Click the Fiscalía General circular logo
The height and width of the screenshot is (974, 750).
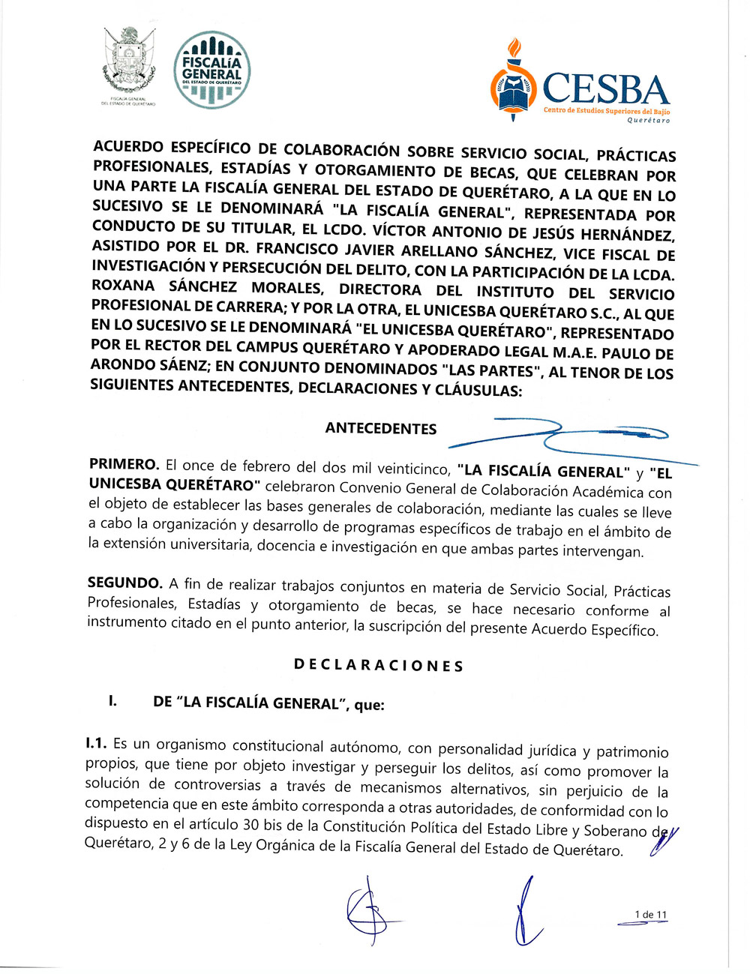(x=211, y=70)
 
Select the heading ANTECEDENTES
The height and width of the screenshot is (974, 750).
(x=381, y=428)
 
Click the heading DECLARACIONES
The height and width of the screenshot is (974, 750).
(x=378, y=665)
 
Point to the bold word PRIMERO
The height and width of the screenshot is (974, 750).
(x=124, y=465)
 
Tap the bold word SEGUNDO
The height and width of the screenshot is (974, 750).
(x=124, y=583)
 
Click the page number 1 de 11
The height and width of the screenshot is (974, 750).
(x=650, y=914)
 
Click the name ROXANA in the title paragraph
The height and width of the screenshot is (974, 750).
(x=123, y=286)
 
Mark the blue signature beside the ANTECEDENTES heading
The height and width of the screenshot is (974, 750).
(x=570, y=439)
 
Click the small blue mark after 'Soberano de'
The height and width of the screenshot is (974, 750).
(x=664, y=841)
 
